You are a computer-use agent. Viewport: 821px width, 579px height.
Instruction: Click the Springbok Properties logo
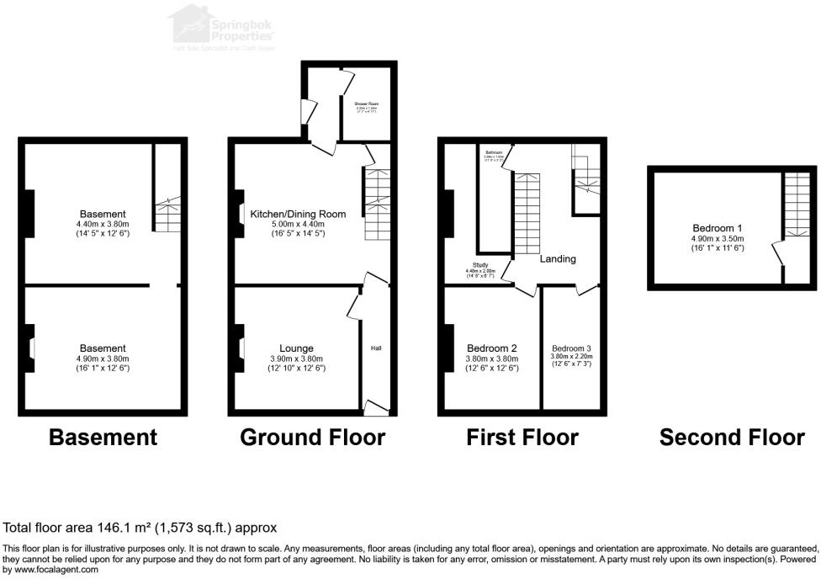coord(222,27)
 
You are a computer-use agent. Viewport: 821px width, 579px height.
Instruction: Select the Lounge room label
coord(297,348)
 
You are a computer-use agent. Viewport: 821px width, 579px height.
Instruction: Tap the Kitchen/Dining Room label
coord(298,215)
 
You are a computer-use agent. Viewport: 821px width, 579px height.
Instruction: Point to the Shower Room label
coord(366,104)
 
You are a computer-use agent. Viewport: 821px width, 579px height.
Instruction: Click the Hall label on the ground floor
coord(376,348)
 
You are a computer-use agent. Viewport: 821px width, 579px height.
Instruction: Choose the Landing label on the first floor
coord(558,259)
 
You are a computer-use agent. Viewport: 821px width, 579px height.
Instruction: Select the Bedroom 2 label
coord(492,348)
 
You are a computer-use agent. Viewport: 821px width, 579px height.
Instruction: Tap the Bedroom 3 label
coord(571,348)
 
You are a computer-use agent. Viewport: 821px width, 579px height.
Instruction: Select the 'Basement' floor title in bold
coord(103,438)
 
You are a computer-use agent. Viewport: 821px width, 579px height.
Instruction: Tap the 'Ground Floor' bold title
coord(312,438)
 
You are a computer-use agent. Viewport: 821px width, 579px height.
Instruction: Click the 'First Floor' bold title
coord(522,438)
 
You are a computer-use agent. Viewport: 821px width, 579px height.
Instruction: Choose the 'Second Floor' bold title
coord(732,438)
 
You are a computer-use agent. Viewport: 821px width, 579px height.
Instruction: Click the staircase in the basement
coord(168,215)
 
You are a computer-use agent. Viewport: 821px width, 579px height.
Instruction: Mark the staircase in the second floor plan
coord(795,210)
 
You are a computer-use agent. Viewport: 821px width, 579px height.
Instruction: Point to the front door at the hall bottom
coord(376,408)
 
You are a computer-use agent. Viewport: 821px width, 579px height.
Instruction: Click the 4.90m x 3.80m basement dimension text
coord(103,359)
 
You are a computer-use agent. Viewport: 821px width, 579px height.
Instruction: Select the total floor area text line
coord(140,529)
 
